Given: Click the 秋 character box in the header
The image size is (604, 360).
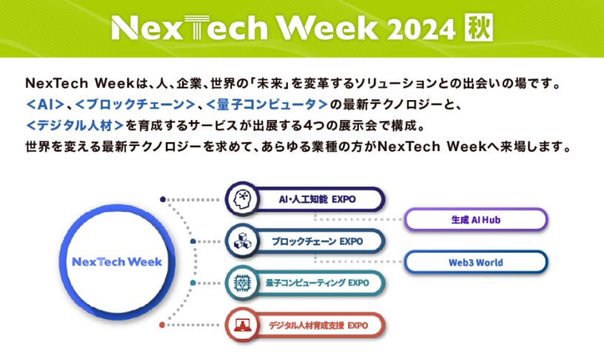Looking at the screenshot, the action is [x=478, y=27].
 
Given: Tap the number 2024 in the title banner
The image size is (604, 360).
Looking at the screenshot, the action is [x=421, y=30].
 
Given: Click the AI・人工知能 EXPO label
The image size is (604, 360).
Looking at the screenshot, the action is [x=317, y=199].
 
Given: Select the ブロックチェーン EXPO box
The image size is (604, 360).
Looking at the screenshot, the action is [x=305, y=241].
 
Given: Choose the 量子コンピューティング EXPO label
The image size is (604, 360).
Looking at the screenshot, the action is [x=317, y=283].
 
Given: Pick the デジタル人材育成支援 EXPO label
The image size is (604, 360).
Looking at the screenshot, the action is [x=318, y=325].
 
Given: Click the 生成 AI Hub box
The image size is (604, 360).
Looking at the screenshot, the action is [x=476, y=220].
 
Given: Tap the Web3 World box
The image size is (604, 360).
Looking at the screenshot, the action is [x=476, y=262].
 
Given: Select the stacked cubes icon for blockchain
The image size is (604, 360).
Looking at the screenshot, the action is [x=242, y=241].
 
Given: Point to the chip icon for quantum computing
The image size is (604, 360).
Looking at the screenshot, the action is [x=242, y=283].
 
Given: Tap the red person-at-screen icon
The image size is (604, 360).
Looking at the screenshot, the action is [x=242, y=325].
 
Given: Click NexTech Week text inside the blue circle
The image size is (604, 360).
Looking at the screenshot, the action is [x=117, y=262].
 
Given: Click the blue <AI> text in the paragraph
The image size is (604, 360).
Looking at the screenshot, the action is [x=44, y=104].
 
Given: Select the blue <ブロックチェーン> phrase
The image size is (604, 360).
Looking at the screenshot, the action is [x=135, y=104].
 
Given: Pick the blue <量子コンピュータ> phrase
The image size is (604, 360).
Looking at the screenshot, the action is [x=266, y=104].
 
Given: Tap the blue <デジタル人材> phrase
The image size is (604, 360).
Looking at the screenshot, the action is [x=75, y=125].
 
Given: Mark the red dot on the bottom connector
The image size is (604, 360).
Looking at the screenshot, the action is [x=162, y=325].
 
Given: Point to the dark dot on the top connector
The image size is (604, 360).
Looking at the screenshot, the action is [x=163, y=199].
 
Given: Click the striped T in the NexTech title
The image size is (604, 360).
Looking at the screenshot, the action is [x=197, y=27].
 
